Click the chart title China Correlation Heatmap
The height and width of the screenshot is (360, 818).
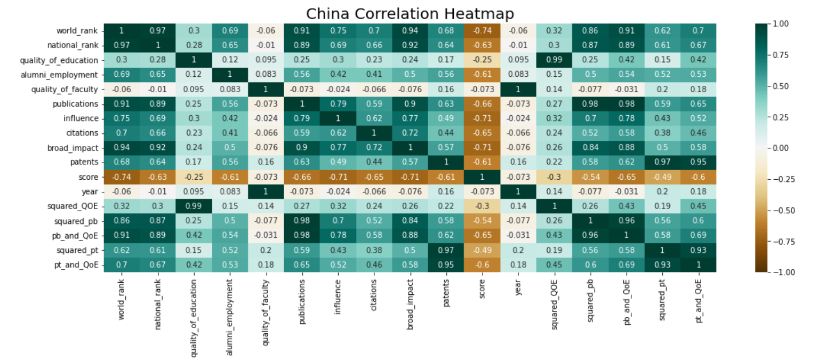click(x=410, y=13)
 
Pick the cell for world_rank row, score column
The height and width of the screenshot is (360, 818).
click(x=482, y=31)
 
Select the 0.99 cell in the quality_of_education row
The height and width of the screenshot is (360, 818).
click(x=554, y=60)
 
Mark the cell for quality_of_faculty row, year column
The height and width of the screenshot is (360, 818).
click(x=518, y=90)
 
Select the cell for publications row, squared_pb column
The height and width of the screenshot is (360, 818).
click(x=590, y=104)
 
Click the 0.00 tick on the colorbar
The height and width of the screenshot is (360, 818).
click(x=780, y=148)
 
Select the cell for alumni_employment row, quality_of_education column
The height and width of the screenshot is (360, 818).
click(x=194, y=75)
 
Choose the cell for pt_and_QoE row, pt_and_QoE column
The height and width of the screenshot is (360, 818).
click(x=698, y=265)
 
